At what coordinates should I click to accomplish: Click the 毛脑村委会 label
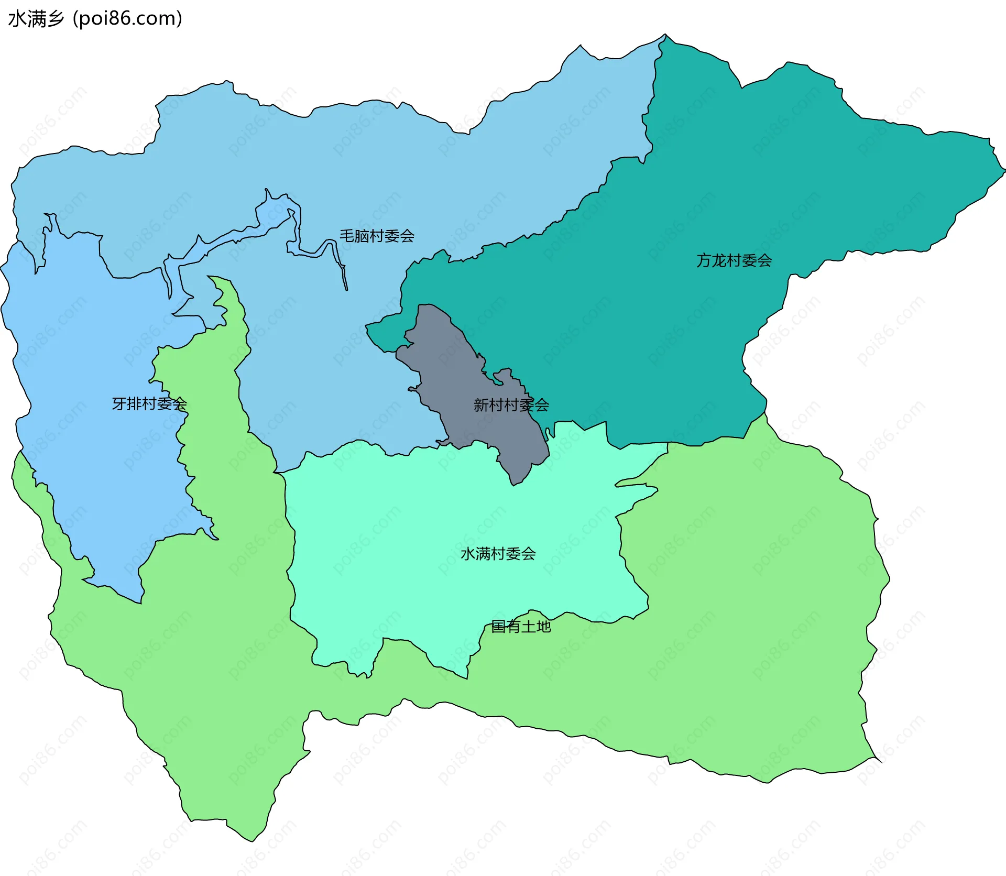tap(377, 236)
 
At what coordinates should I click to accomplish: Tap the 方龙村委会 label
tap(734, 260)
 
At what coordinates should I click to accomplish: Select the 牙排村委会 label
tap(149, 403)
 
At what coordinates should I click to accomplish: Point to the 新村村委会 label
tap(511, 404)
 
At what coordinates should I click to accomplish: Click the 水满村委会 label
tap(498, 554)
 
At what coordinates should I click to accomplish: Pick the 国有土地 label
tap(521, 626)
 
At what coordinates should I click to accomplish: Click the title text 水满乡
tap(36, 18)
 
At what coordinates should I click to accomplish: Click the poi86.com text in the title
tap(127, 18)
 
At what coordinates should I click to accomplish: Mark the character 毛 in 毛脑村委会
tap(347, 236)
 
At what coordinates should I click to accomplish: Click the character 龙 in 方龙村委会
tap(718, 260)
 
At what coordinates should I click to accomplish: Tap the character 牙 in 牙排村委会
tap(119, 403)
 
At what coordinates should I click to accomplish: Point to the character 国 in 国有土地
tap(498, 626)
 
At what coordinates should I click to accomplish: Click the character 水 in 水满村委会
tap(468, 554)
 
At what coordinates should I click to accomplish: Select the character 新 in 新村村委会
tap(481, 404)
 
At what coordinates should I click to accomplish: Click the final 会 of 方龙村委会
tap(764, 260)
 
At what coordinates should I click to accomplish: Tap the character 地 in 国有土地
tap(543, 626)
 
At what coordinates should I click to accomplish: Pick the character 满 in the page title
tap(36, 18)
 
